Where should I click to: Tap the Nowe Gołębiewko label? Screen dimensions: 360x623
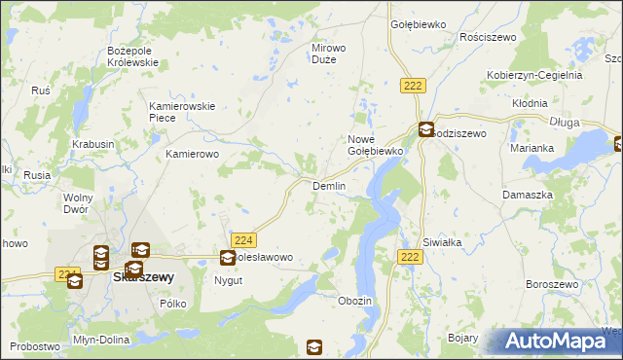375,145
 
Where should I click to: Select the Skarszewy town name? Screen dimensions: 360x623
143,276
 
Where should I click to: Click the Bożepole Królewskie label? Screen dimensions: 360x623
132,55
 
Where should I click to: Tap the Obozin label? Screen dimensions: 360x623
354,301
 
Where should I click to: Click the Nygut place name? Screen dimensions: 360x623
229,280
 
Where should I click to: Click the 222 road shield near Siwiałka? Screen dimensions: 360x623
410,256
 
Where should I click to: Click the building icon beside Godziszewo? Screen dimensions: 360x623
425,129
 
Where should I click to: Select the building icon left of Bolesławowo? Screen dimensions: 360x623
227,258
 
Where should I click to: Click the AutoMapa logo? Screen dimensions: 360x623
559,341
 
